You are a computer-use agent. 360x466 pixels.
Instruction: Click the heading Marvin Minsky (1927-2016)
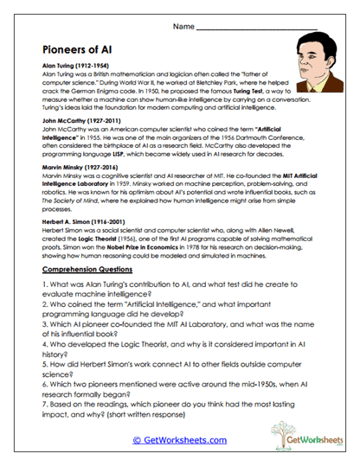(x=80, y=167)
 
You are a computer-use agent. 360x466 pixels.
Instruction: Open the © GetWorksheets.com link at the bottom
(x=179, y=441)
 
